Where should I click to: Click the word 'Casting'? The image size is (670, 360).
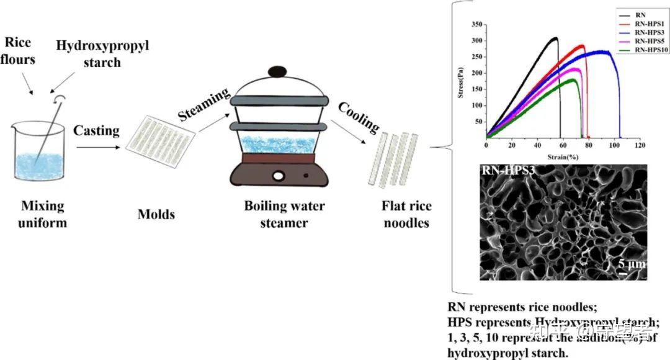96,130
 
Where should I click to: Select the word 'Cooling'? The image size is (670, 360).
359,116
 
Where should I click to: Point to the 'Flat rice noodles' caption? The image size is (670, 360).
406,214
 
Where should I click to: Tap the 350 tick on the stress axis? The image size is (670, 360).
476,24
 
